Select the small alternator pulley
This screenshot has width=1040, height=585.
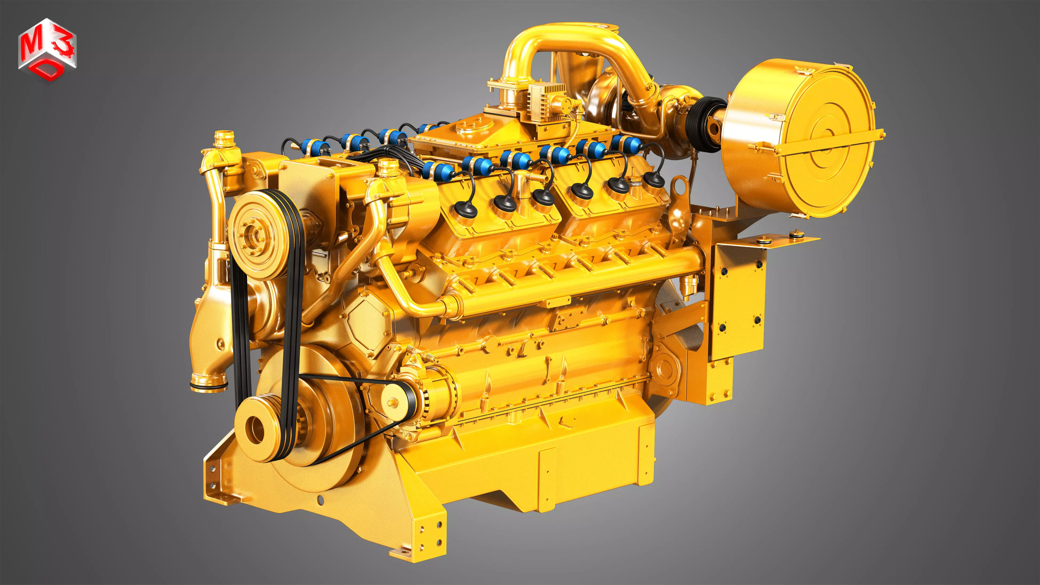point(393,402)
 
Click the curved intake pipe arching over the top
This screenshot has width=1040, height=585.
point(565,40)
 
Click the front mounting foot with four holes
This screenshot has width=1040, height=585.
point(428,533)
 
